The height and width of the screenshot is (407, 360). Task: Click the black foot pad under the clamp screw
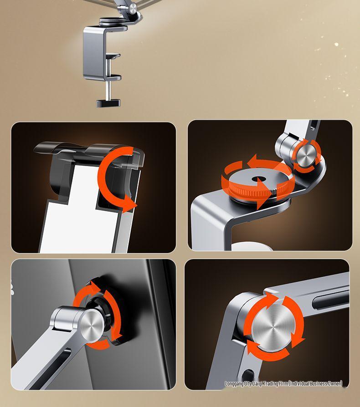click(109, 103)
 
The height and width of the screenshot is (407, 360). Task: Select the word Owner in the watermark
click(334, 384)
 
